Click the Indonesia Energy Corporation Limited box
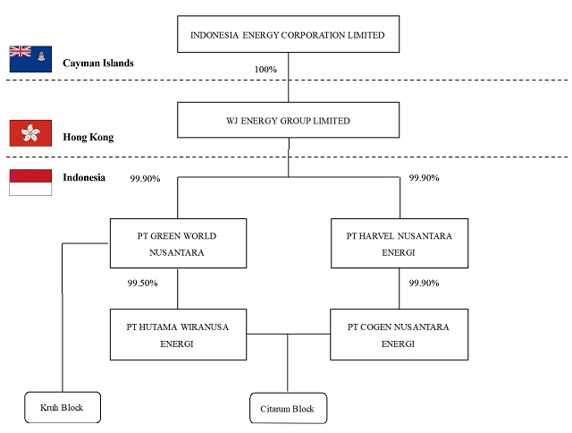tap(288, 35)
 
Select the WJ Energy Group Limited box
tap(288, 121)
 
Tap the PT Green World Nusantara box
tap(178, 243)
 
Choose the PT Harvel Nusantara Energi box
tap(399, 243)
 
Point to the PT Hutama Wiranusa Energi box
tap(178, 335)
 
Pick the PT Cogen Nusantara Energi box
tap(399, 335)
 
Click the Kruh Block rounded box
tap(62, 407)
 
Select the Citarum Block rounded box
tap(287, 409)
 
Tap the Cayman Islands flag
tap(30, 59)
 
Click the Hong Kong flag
tap(30, 133)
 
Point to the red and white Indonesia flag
tap(30, 182)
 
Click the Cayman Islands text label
tap(98, 64)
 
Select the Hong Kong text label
tap(88, 138)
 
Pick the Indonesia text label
tap(84, 177)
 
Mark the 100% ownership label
tap(265, 69)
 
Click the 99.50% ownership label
tap(143, 283)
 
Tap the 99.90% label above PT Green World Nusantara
tap(145, 178)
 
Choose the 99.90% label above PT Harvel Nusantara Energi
tap(424, 178)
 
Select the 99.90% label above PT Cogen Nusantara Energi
tap(424, 283)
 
